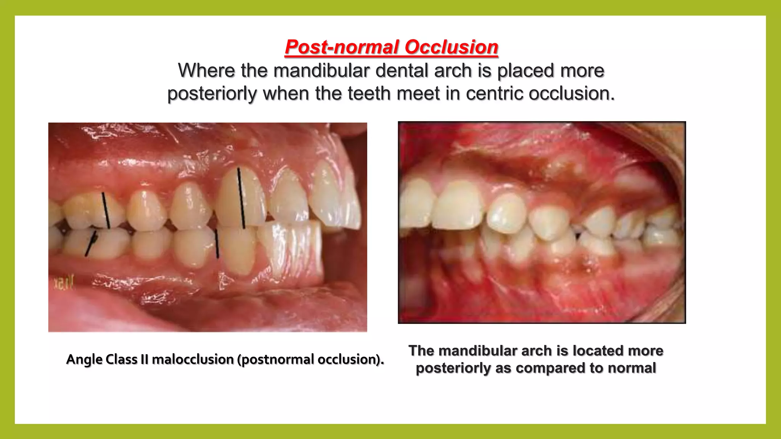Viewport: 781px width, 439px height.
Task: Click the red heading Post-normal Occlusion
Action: (391, 47)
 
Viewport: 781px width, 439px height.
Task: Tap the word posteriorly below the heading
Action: (212, 94)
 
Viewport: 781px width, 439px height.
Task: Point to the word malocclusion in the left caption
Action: (193, 359)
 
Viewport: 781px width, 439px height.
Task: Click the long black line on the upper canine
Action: (241, 198)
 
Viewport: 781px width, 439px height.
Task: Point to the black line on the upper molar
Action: (106, 210)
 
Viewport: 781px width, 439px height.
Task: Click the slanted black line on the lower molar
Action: (90, 244)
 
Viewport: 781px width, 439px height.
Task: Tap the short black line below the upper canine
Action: (217, 244)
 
